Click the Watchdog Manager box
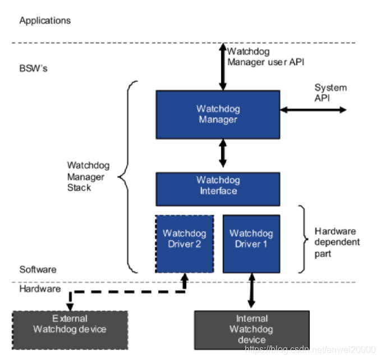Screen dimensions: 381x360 (x=218, y=115)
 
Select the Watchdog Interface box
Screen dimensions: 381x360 (x=218, y=189)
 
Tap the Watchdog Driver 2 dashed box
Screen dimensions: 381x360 (x=185, y=244)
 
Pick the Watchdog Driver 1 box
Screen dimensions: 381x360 (x=251, y=244)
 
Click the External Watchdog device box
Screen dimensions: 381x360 (x=70, y=330)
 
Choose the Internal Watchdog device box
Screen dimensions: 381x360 (x=252, y=330)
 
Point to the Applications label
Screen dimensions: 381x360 (x=45, y=21)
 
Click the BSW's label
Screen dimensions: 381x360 (x=33, y=69)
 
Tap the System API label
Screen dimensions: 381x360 (x=330, y=93)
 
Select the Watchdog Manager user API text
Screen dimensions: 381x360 (x=265, y=57)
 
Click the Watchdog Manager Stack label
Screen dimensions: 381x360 (x=88, y=176)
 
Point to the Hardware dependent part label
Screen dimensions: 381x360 (x=337, y=242)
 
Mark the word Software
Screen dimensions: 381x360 (x=38, y=270)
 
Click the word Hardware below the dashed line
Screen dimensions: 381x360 (x=40, y=289)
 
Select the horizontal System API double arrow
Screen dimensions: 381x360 (x=314, y=110)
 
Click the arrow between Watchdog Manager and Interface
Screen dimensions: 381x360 (x=223, y=153)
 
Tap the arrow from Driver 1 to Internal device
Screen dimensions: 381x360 (x=251, y=290)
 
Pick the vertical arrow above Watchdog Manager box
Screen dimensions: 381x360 (x=223, y=67)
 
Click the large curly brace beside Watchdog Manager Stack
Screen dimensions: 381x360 (x=127, y=177)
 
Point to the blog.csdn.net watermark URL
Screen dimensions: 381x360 (x=310, y=349)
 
